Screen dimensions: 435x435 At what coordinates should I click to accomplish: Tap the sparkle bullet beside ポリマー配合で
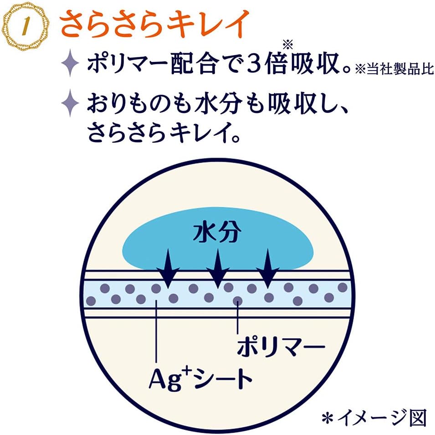70,63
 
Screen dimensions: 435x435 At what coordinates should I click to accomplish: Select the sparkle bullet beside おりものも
70,103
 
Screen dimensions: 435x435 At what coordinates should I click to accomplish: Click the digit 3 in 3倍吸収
253,63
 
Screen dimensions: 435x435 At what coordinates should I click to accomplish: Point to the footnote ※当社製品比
394,69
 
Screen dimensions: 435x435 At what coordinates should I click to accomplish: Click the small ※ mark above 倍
288,44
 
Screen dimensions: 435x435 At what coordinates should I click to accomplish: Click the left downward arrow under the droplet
168,269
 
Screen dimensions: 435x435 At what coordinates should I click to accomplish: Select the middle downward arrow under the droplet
218,269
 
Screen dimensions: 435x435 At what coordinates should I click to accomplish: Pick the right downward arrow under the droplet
267,269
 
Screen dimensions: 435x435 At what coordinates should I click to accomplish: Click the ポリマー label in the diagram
281,346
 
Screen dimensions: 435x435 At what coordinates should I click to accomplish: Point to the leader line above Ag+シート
157,332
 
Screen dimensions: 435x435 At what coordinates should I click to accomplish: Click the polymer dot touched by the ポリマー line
237,300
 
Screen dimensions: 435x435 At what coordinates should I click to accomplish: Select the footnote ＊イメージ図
374,418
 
